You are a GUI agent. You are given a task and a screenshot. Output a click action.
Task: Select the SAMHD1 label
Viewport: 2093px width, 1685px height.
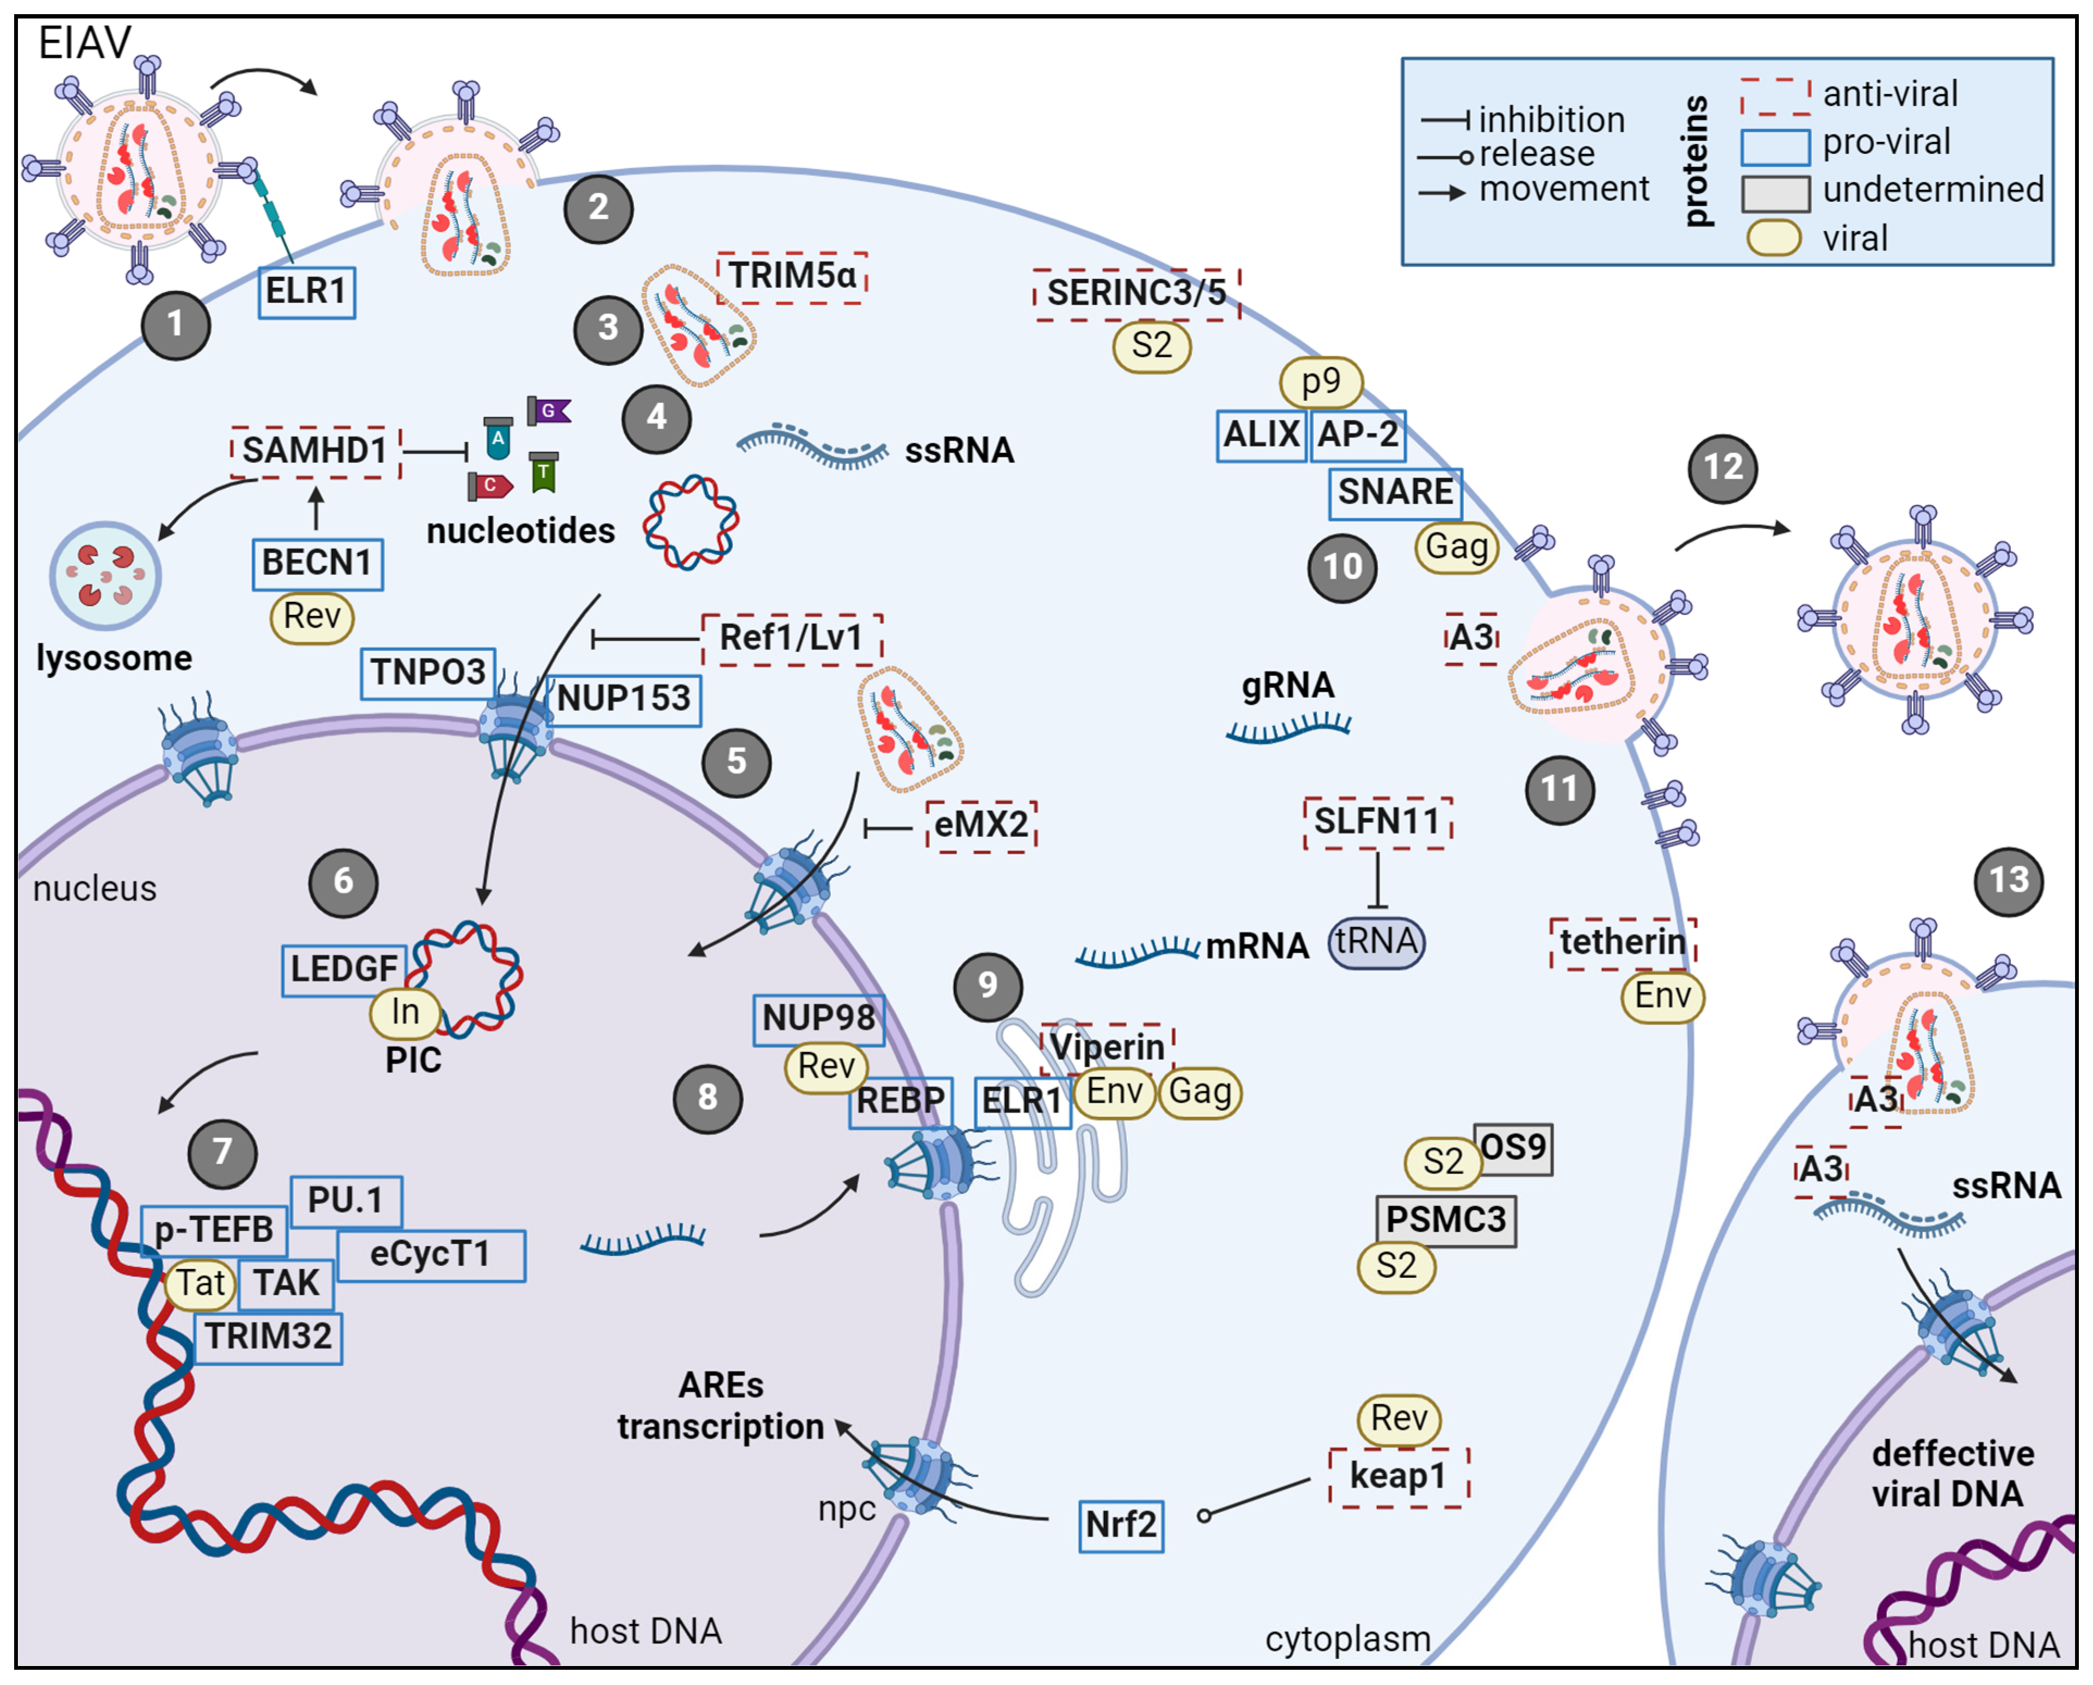(314, 451)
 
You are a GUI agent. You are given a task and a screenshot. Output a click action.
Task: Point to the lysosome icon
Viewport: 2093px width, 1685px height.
(105, 576)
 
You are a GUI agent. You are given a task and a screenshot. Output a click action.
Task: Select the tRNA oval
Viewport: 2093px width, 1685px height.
(1376, 942)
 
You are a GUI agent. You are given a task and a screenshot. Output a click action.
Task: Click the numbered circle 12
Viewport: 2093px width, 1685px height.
(1723, 469)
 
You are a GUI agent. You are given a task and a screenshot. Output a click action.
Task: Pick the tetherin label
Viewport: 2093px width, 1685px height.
(1622, 942)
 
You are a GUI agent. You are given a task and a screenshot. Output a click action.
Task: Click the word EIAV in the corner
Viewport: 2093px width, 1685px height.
(84, 43)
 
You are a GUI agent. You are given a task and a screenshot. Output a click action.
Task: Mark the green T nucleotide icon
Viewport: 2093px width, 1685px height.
(544, 472)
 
